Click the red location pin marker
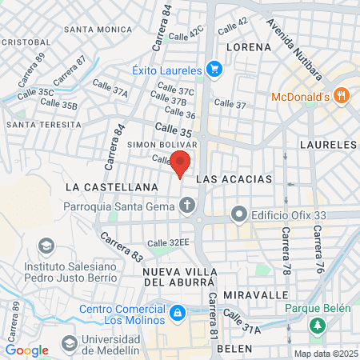(x=181, y=162)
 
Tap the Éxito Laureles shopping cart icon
(x=214, y=70)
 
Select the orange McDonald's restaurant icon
(x=342, y=96)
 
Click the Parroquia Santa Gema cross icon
(x=187, y=206)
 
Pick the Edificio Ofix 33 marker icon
(x=238, y=214)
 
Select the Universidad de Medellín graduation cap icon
(x=69, y=342)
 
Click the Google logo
(x=26, y=350)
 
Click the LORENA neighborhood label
(x=250, y=47)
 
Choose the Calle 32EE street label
(x=167, y=242)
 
